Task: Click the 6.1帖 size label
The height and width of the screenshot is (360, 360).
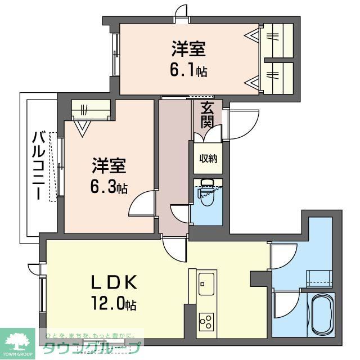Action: [189, 71]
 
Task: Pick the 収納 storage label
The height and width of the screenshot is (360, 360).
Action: [208, 158]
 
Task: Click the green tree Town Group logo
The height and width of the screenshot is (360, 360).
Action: [17, 340]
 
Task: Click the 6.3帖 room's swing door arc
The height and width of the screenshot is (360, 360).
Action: [141, 204]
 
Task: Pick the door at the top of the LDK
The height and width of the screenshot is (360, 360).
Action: [174, 247]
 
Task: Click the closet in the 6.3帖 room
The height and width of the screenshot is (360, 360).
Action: [91, 110]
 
